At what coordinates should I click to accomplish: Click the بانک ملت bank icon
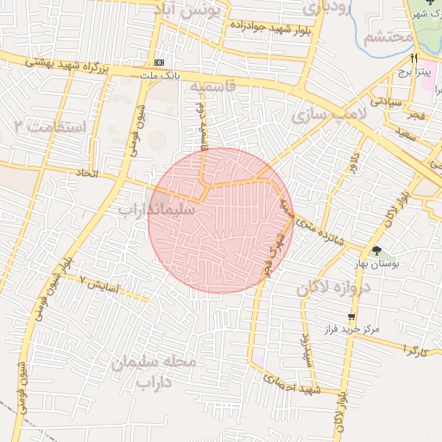[160, 63]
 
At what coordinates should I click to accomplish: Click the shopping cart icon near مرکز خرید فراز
[350, 317]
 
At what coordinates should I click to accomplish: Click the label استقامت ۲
[51, 127]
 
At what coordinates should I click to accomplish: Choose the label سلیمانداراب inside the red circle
[156, 209]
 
